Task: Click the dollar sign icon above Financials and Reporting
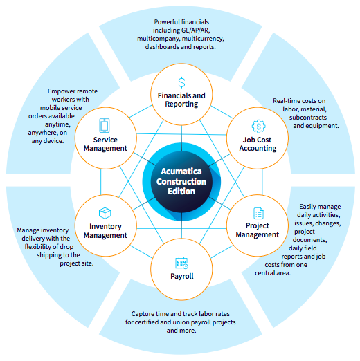(181, 82)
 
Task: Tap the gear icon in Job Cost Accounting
(258, 127)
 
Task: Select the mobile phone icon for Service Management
(105, 126)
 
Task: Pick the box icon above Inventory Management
(105, 213)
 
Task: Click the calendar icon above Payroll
(182, 263)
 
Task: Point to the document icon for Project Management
(258, 213)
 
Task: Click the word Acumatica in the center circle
(181, 172)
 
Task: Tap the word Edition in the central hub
(181, 192)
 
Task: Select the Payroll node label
(182, 276)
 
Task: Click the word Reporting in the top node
(181, 104)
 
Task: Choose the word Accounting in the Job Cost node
(258, 148)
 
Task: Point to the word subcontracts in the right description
(308, 118)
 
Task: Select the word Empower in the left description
(57, 91)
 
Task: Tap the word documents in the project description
(310, 240)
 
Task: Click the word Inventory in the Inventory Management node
(105, 226)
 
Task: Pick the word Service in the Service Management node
(105, 140)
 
